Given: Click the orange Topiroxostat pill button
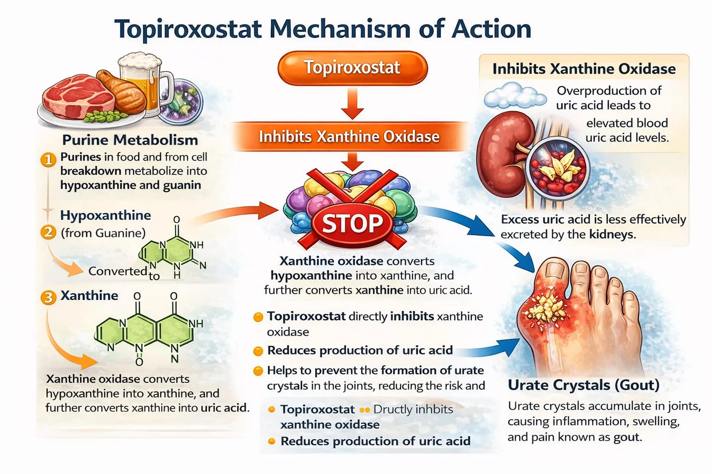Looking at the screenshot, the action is pos(352,68).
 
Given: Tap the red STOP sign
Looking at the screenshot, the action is pos(352,223).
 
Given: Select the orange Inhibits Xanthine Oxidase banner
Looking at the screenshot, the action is pos(350,137).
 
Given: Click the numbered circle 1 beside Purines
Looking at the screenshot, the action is pos(48,160).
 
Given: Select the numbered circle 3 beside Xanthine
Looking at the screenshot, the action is pos(48,298).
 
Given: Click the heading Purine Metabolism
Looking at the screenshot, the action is pos(130,140).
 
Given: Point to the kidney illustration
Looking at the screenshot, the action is pos(504,159).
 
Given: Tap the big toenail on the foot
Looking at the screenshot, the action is pos(555,270).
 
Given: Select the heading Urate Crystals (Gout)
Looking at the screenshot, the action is pos(584,385).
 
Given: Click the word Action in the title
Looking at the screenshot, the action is pos(491,29).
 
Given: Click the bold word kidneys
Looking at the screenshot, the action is pos(612,234).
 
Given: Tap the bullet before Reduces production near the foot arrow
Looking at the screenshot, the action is pos(258,351).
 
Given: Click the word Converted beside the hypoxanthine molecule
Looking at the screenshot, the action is pos(118,271).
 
